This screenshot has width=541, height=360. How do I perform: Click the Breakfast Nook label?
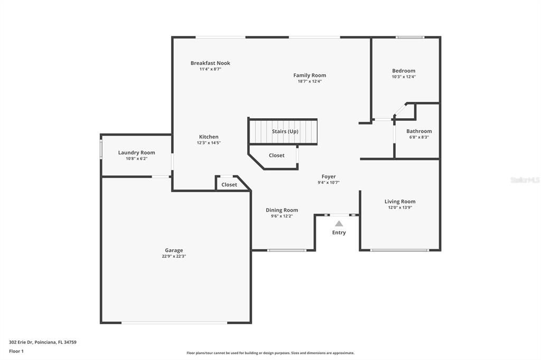(210, 63)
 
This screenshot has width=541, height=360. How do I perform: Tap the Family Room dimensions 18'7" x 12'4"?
(310, 81)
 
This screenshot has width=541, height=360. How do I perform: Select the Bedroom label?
(404, 71)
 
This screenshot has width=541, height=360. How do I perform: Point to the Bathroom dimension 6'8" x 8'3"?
(419, 137)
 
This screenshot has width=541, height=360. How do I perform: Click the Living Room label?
(400, 201)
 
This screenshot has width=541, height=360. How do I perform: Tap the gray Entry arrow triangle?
(339, 224)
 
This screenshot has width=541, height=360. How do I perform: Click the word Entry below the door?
(339, 232)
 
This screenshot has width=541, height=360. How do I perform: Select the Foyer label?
(329, 176)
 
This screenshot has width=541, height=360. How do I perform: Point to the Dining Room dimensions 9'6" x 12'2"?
(282, 216)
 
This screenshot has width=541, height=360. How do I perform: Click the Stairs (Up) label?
(285, 131)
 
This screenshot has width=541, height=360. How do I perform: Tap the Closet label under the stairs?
(276, 155)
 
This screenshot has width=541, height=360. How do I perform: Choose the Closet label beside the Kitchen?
(229, 185)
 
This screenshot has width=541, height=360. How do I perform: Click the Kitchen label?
(209, 137)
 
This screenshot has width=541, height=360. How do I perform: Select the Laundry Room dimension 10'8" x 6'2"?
(136, 158)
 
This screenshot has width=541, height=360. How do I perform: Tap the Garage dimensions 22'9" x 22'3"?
(174, 256)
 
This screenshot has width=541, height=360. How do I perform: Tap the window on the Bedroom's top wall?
(410, 37)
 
